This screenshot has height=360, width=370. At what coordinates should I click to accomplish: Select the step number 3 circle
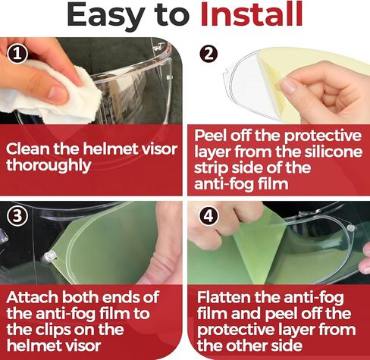(x=14, y=214)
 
